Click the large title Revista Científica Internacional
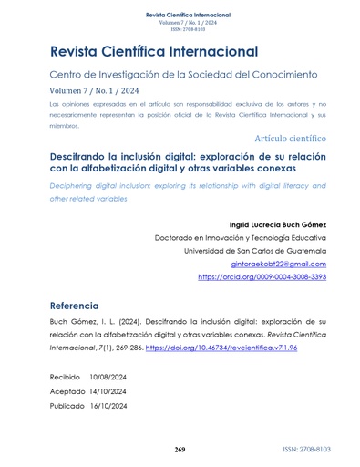pos(154,51)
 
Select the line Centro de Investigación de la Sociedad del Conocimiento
pos(181,73)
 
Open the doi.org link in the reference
pos(245,349)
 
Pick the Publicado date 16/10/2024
pos(109,406)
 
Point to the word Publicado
pos(67,406)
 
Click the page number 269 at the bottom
pos(180,450)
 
